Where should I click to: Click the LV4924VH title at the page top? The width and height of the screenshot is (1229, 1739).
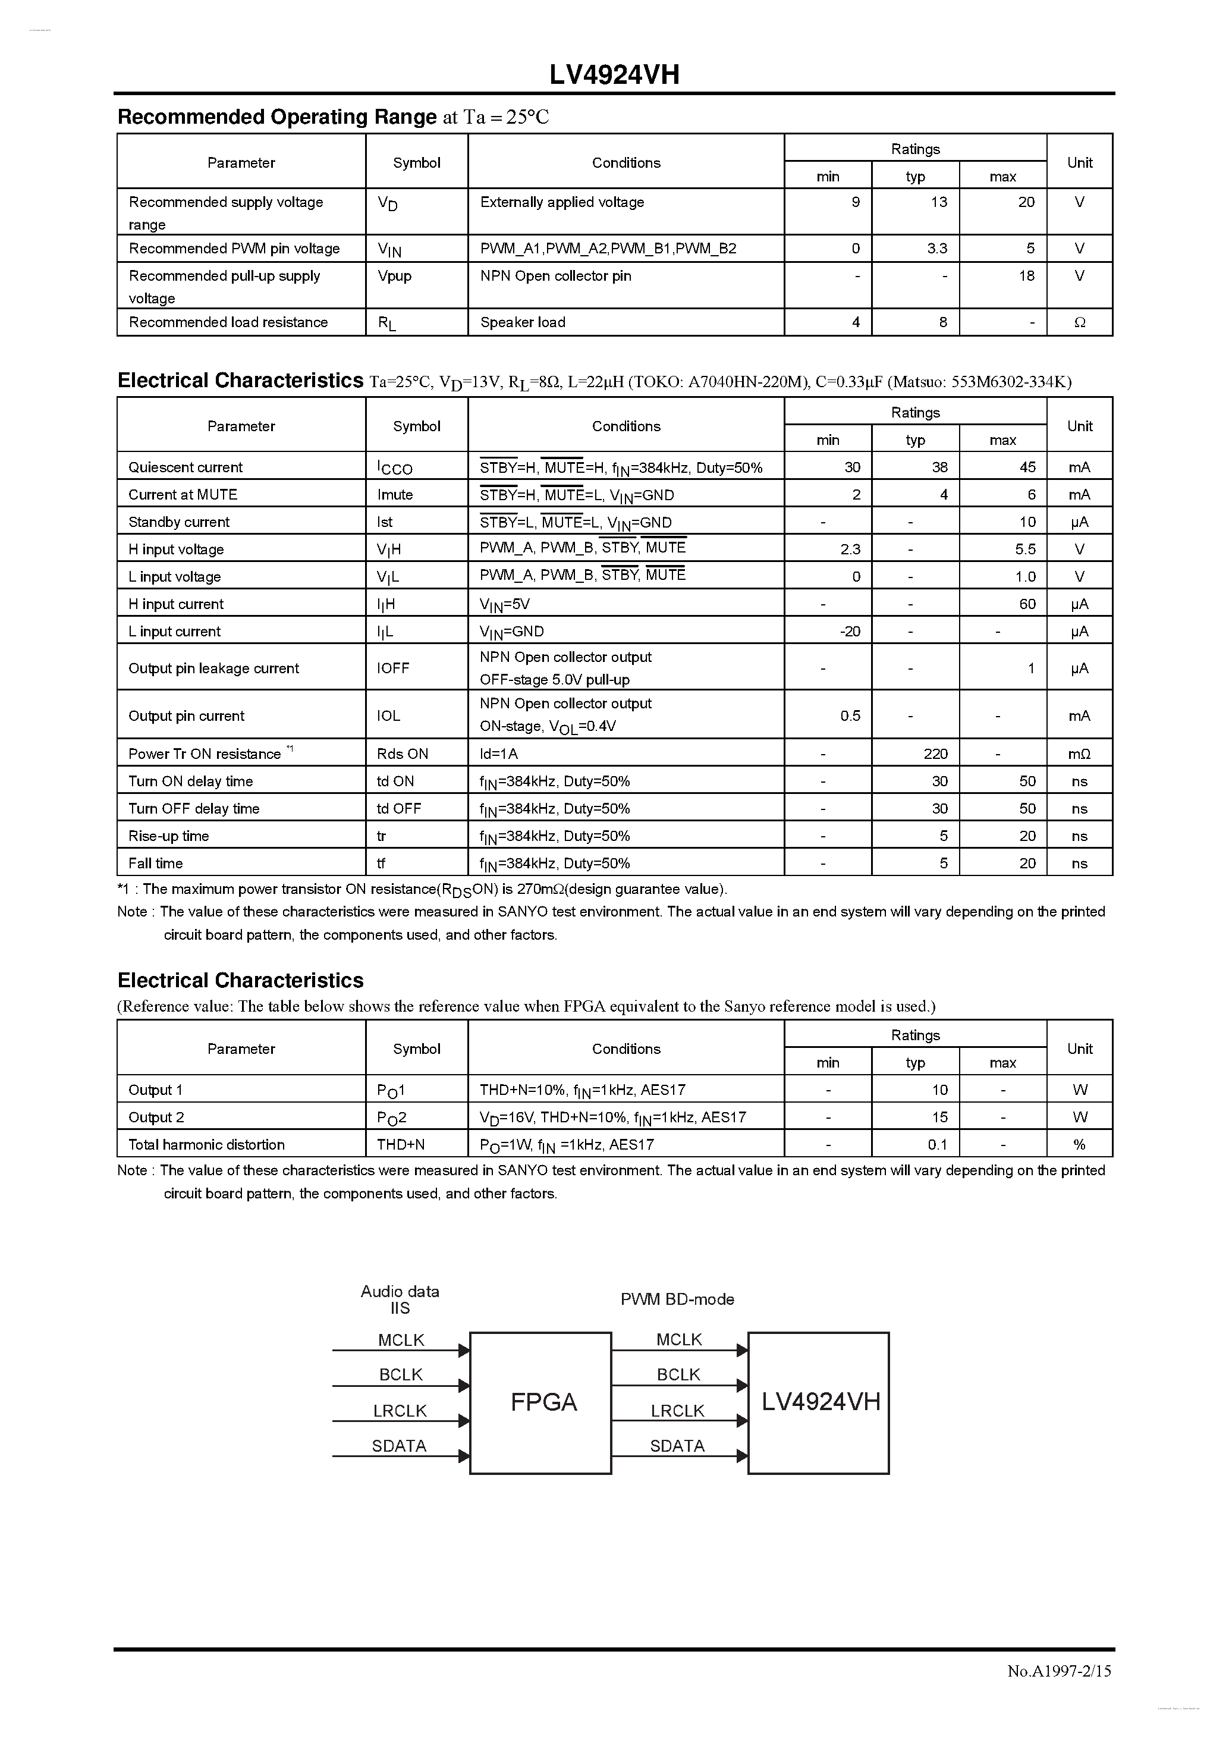click(x=614, y=75)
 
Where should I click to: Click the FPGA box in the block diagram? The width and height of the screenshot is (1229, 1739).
click(x=543, y=1402)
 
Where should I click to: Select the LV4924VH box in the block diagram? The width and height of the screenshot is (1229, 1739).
click(x=821, y=1402)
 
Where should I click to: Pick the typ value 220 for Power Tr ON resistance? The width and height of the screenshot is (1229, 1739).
click(x=935, y=754)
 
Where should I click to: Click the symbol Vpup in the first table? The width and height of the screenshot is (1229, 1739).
click(x=395, y=276)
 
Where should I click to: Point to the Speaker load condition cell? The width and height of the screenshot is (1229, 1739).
click(x=523, y=322)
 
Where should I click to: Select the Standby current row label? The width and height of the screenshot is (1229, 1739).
click(x=179, y=522)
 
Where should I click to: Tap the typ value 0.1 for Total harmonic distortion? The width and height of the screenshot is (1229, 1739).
click(x=938, y=1144)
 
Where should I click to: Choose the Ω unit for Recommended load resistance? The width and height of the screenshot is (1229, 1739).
click(x=1079, y=322)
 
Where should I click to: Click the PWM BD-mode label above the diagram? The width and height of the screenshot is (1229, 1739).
click(x=677, y=1299)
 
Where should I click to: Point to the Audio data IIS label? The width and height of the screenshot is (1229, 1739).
click(x=400, y=1299)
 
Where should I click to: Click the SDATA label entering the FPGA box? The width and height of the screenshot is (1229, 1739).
click(x=399, y=1446)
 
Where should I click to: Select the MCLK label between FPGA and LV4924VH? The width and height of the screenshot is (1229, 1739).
click(x=678, y=1339)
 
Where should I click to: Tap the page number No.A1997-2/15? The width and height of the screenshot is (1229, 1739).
click(x=1058, y=1671)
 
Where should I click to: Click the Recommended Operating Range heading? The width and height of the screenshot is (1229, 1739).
click(x=277, y=117)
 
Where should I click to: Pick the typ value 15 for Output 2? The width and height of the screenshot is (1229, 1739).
click(x=939, y=1117)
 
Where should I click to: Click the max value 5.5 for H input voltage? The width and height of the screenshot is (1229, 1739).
click(x=1025, y=549)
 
